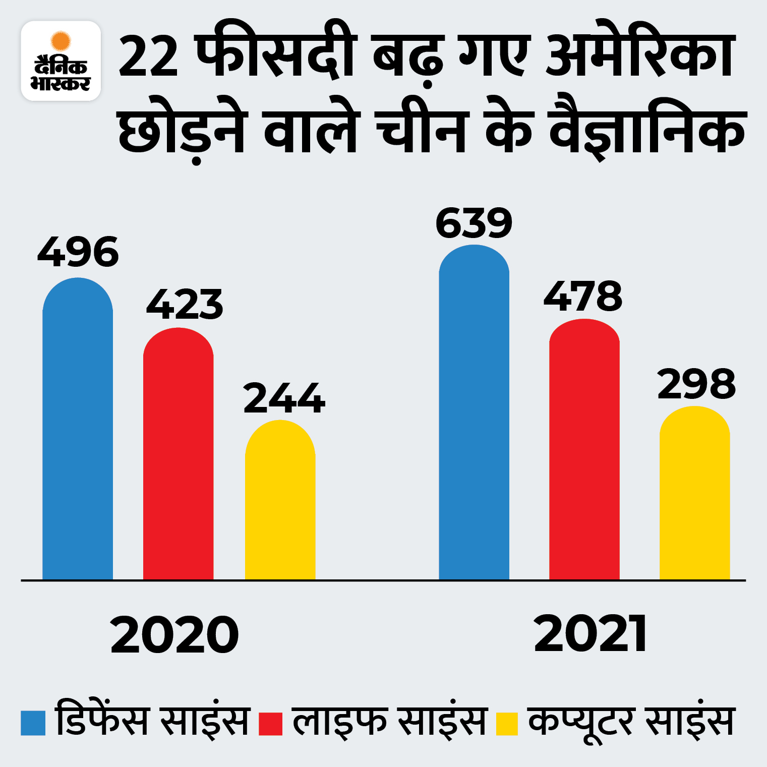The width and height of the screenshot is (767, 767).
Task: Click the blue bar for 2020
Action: point(78,429)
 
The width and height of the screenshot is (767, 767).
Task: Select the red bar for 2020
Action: point(179,454)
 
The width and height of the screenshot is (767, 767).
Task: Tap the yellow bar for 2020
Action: point(280,499)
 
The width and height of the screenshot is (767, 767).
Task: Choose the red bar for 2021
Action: point(584,449)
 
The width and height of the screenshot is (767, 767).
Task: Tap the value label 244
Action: point(284,398)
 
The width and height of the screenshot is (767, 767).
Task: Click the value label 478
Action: point(583,297)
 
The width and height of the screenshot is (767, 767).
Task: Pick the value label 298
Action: point(696,384)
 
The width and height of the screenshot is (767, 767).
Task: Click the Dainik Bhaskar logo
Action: point(61,61)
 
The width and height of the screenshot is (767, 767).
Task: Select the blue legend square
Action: point(33,723)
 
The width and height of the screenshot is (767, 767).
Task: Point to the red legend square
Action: point(270,723)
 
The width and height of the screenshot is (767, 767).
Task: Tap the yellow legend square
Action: point(507,723)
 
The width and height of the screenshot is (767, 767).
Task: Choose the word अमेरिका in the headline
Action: point(640,53)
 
